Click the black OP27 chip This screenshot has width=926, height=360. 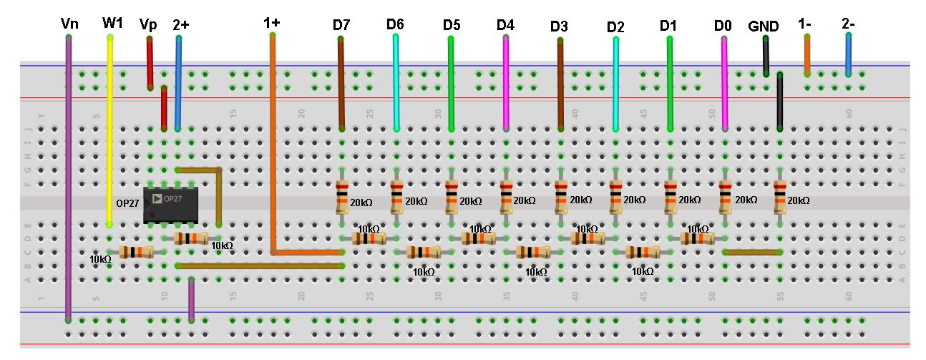pos(170,205)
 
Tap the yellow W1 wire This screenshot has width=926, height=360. pos(109,129)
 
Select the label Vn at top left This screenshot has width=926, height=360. pos(69,24)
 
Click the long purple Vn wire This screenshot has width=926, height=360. pos(69,179)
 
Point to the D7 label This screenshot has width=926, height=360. pos(341,24)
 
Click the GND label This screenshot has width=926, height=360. pos(763,26)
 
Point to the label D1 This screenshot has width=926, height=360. pos(668,25)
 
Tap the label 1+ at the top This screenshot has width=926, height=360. pos(271,22)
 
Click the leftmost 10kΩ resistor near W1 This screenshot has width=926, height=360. pos(135,252)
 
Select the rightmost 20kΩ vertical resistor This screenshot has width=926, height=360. pos(779,198)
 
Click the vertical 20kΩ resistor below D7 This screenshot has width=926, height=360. pos(341,198)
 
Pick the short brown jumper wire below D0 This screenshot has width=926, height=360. pos(751,252)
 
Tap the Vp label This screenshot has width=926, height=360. pos(148,24)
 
